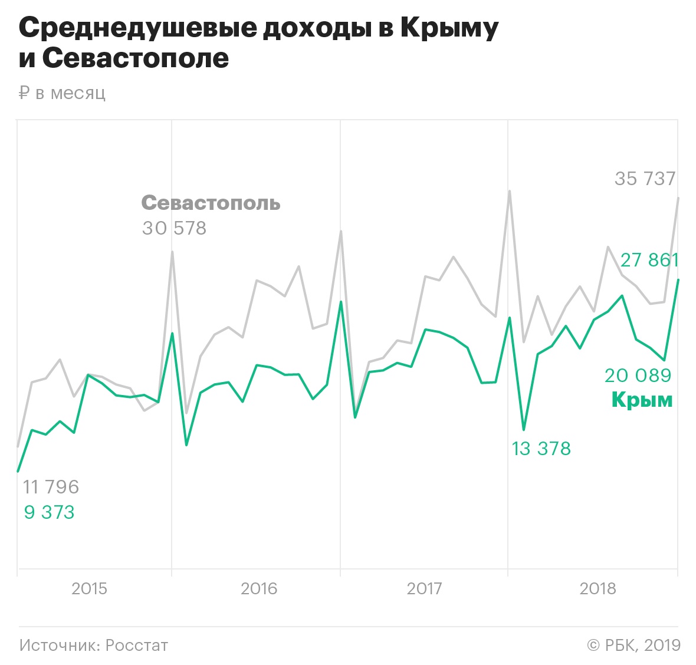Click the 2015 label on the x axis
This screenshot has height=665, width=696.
pyautogui.click(x=89, y=588)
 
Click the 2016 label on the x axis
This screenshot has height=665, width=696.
pyautogui.click(x=259, y=588)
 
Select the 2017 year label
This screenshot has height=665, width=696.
pyautogui.click(x=424, y=588)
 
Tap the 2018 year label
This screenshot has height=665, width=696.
pyautogui.click(x=597, y=588)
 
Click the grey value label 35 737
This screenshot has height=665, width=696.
pyautogui.click(x=645, y=179)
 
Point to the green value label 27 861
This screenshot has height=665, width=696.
pyautogui.click(x=649, y=260)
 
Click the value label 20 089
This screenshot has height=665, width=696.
pyautogui.click(x=638, y=376)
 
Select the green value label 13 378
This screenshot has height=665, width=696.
pyautogui.click(x=541, y=449)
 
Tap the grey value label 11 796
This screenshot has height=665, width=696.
pyautogui.click(x=51, y=487)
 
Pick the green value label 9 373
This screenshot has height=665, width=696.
pyautogui.click(x=49, y=512)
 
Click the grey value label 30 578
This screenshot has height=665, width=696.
pyautogui.click(x=174, y=228)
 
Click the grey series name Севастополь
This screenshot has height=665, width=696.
pyautogui.click(x=211, y=203)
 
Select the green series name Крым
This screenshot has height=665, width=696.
pyautogui.click(x=642, y=400)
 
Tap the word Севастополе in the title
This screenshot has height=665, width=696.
pyautogui.click(x=135, y=58)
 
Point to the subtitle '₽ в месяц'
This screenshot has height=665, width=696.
pyautogui.click(x=63, y=93)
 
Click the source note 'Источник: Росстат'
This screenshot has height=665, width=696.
pyautogui.click(x=93, y=645)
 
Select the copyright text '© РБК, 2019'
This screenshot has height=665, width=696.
pyautogui.click(x=633, y=645)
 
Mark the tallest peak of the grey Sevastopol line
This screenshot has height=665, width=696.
pyautogui.click(x=509, y=191)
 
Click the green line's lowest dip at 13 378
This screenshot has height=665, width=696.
pyautogui.click(x=524, y=429)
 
